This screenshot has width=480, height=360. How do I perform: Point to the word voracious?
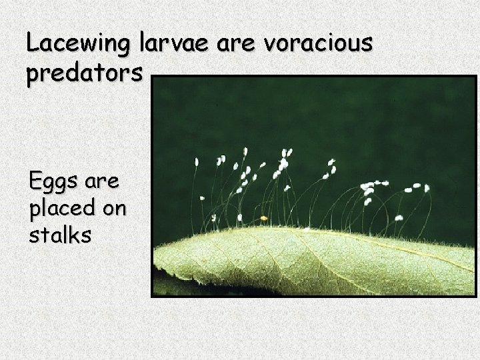click(x=319, y=44)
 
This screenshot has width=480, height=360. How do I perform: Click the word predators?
click(x=84, y=75)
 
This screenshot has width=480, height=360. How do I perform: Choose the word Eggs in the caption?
click(x=55, y=181)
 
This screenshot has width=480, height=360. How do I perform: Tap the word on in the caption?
click(x=113, y=209)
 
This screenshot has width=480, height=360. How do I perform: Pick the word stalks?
click(x=60, y=236)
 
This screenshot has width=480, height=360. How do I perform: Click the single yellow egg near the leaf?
click(x=264, y=217)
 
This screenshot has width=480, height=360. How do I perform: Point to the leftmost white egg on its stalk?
click(x=197, y=161)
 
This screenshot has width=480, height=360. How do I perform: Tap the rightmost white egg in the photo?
click(x=426, y=188)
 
